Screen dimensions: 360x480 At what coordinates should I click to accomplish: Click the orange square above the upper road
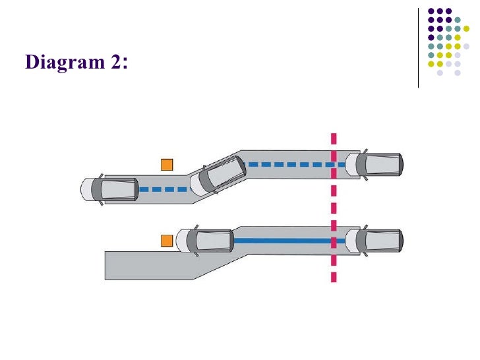click(x=167, y=164)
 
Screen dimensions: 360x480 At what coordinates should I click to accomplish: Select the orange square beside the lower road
click(x=167, y=241)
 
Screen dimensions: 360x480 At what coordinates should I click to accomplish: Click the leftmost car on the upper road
click(x=109, y=190)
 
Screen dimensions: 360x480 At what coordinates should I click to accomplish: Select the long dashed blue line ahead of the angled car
click(x=296, y=164)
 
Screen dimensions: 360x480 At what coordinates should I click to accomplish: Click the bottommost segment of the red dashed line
click(x=334, y=278)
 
